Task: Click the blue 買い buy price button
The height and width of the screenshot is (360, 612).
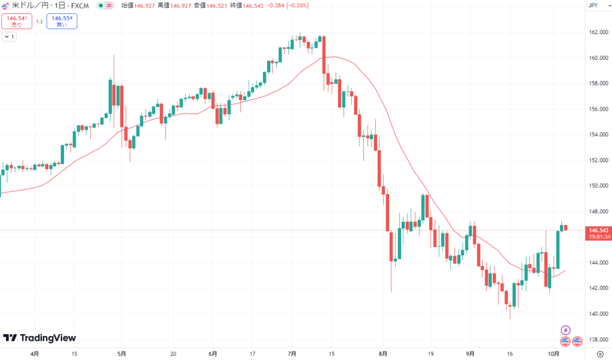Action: click(x=62, y=21)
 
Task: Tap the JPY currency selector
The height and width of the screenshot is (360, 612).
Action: click(x=593, y=5)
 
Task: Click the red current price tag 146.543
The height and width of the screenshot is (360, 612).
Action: click(x=598, y=230)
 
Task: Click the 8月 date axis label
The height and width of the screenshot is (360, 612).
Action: click(x=383, y=353)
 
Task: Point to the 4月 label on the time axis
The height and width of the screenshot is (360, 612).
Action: click(x=35, y=353)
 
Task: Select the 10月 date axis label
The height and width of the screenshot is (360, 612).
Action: click(x=554, y=353)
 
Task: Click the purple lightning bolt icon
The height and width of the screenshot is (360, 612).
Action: click(x=565, y=330)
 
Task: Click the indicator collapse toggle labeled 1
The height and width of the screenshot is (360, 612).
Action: click(x=9, y=36)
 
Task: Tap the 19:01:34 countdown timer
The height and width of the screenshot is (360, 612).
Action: click(x=599, y=237)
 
